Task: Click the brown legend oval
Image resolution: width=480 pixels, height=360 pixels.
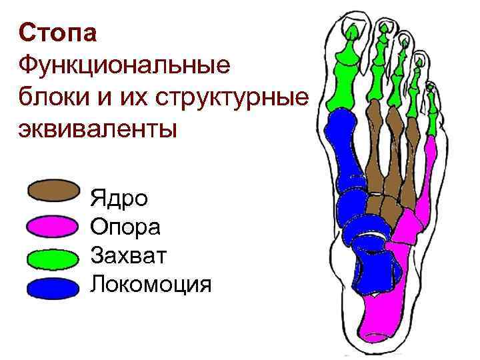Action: click(x=54, y=191)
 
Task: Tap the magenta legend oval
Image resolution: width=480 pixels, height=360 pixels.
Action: click(x=53, y=227)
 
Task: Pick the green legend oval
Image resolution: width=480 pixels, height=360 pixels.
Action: click(x=54, y=257)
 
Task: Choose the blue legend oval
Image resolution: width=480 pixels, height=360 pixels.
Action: click(x=54, y=287)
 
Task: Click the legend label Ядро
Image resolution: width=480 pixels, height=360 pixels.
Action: click(x=119, y=199)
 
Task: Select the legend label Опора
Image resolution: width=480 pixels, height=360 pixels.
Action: click(x=125, y=227)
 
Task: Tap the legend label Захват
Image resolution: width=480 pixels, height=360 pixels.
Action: click(x=130, y=256)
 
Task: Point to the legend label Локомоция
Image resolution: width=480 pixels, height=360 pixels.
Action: click(x=151, y=285)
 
